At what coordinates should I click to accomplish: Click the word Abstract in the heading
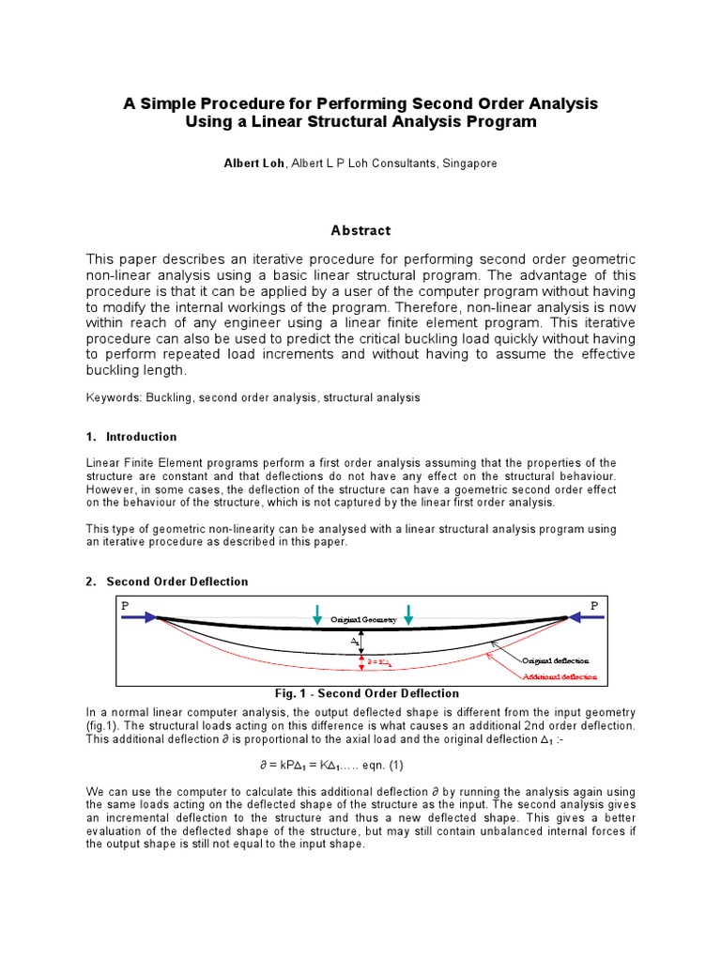click(x=360, y=230)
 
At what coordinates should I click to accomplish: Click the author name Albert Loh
click(x=254, y=163)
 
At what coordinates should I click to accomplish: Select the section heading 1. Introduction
click(x=131, y=437)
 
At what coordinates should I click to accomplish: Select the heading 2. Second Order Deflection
click(x=167, y=582)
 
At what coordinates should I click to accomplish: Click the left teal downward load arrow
click(x=319, y=614)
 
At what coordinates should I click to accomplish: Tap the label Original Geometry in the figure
click(x=363, y=621)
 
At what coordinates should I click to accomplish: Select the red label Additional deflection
click(x=560, y=676)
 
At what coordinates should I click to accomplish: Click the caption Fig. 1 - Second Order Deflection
click(x=360, y=693)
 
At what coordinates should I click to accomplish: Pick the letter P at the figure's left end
click(x=124, y=606)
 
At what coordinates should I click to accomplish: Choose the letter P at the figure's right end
click(x=593, y=606)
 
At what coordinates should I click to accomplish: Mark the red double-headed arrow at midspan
click(x=361, y=662)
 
